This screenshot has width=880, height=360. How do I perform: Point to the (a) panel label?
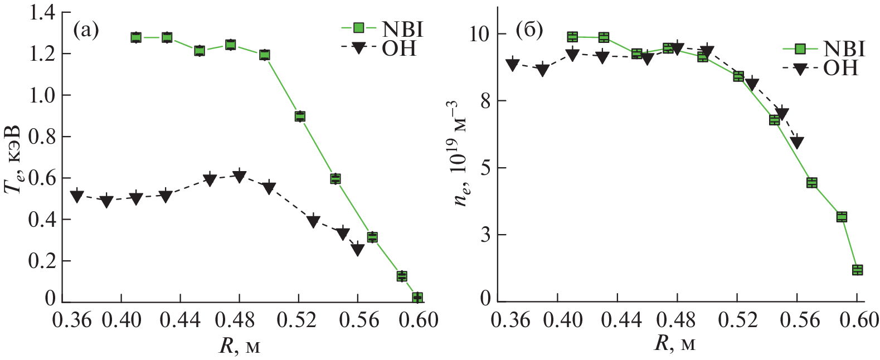[x=86, y=30]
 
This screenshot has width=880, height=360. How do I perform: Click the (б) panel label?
[x=529, y=30]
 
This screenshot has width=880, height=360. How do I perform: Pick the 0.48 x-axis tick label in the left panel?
[x=239, y=320]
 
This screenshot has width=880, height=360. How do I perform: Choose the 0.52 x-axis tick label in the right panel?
[x=737, y=320]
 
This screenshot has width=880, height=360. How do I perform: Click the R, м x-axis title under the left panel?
[x=239, y=346]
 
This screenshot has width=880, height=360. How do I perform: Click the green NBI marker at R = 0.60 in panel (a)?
[x=417, y=298]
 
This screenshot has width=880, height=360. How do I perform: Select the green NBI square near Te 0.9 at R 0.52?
[x=300, y=116]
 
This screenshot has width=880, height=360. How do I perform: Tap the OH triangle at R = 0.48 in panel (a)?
[x=239, y=176]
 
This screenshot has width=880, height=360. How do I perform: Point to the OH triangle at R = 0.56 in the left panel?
[x=357, y=249]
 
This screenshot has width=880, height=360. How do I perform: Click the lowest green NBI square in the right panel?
[x=857, y=270]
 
